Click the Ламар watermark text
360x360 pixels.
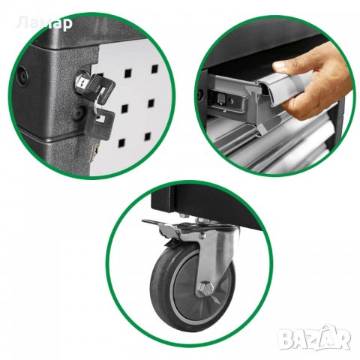[x=45, y=23]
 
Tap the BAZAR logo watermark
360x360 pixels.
[x=314, y=337]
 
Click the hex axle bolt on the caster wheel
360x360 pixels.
[x=206, y=289]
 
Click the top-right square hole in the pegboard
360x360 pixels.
[x=155, y=68]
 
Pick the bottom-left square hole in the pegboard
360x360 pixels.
[x=121, y=142]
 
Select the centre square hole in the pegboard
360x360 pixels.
[x=124, y=108]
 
